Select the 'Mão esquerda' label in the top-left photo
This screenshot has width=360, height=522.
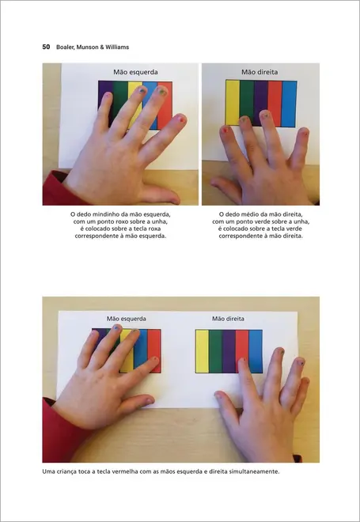(131, 72)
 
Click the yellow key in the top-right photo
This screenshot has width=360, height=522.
(233, 101)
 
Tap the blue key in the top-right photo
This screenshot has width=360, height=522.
(290, 101)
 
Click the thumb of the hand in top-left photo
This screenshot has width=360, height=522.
(158, 192)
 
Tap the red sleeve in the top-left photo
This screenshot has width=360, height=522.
(54, 190)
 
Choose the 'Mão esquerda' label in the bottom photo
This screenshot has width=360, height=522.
(127, 319)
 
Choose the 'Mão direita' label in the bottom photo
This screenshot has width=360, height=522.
(229, 319)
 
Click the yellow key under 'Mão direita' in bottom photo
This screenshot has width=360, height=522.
(202, 351)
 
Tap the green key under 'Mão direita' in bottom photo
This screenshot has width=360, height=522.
(215, 351)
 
